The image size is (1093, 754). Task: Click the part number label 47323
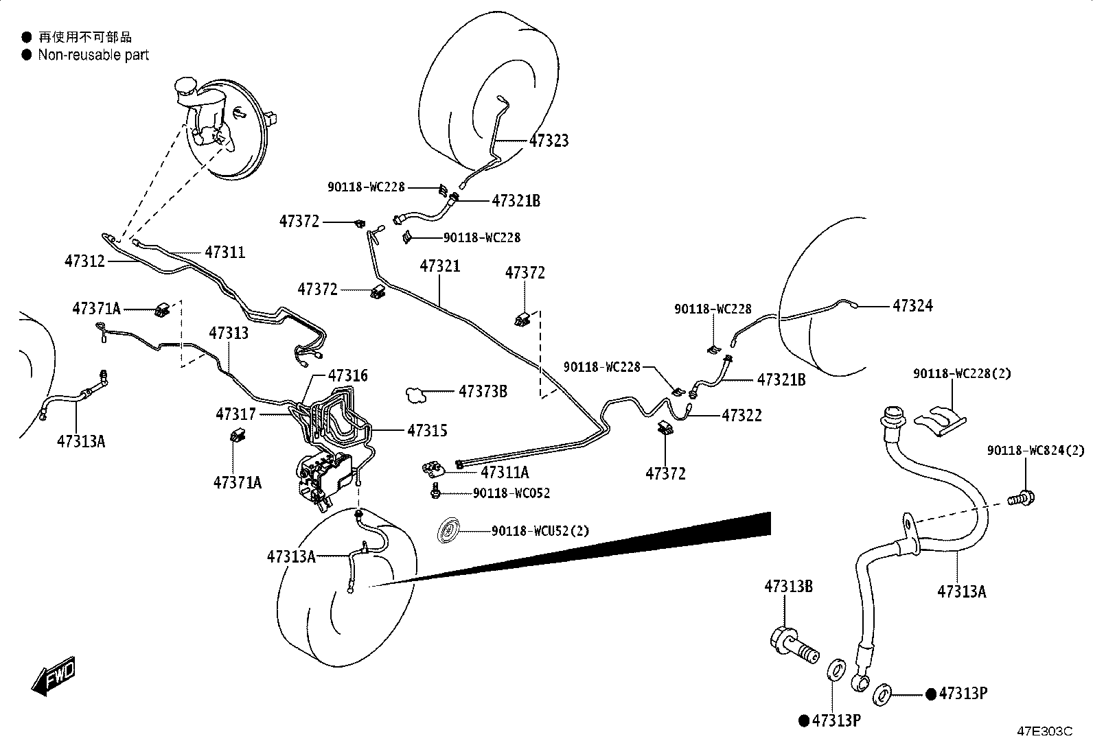(x=549, y=141)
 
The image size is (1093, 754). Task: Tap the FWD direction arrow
(x=54, y=676)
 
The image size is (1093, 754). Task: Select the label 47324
(x=912, y=306)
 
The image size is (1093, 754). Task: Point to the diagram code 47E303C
(x=1045, y=731)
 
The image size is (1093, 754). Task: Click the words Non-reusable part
(x=93, y=55)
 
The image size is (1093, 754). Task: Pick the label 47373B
(x=483, y=391)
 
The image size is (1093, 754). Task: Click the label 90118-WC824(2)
(x=1035, y=451)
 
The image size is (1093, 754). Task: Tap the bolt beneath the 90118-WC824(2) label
(x=1022, y=499)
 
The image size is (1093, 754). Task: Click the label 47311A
(x=505, y=472)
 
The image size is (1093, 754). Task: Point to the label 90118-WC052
(x=511, y=493)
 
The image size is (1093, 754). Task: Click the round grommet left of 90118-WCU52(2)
(x=448, y=530)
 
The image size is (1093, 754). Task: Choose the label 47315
(x=428, y=431)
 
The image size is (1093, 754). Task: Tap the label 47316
(x=348, y=375)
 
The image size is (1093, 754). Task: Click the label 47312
(x=85, y=261)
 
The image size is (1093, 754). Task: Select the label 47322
(x=741, y=416)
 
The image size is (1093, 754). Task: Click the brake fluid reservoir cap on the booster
(x=185, y=87)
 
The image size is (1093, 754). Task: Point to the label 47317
(x=235, y=414)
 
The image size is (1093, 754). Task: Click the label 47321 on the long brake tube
(x=440, y=266)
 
